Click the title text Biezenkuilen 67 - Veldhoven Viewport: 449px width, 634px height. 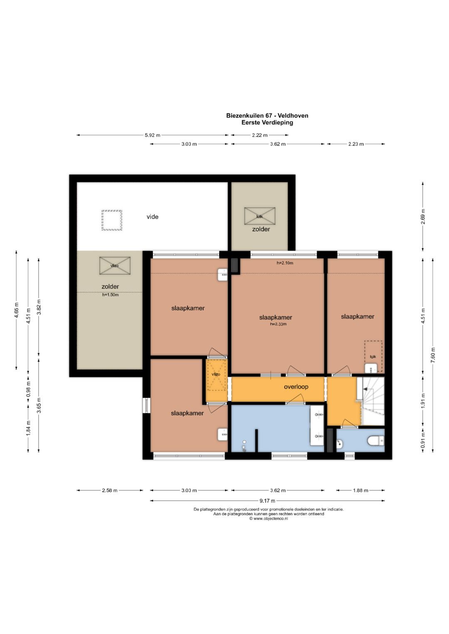pos(267,115)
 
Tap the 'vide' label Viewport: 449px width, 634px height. pos(152,217)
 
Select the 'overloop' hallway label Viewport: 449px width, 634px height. pos(296,387)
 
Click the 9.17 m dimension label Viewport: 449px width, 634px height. pos(267,501)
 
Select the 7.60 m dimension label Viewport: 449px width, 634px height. pos(432,355)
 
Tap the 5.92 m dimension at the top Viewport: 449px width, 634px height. pos(153,135)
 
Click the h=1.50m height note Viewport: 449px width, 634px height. pos(110,295)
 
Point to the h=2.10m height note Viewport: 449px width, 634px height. pos(285,263)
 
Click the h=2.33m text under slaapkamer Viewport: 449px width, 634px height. pos(279,324)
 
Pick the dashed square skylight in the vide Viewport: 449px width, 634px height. pos(112,220)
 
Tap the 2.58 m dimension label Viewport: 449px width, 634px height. pos(110,490)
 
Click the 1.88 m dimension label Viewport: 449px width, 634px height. pos(360,490)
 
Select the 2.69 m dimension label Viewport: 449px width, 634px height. pos(423,216)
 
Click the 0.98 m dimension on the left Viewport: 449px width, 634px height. pos(28,389)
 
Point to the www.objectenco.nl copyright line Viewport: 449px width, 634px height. pos(269,519)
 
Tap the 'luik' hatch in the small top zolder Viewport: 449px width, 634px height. pos(260,216)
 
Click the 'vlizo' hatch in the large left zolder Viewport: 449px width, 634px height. pos(115,265)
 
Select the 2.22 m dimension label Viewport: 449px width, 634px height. pos(260,135)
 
